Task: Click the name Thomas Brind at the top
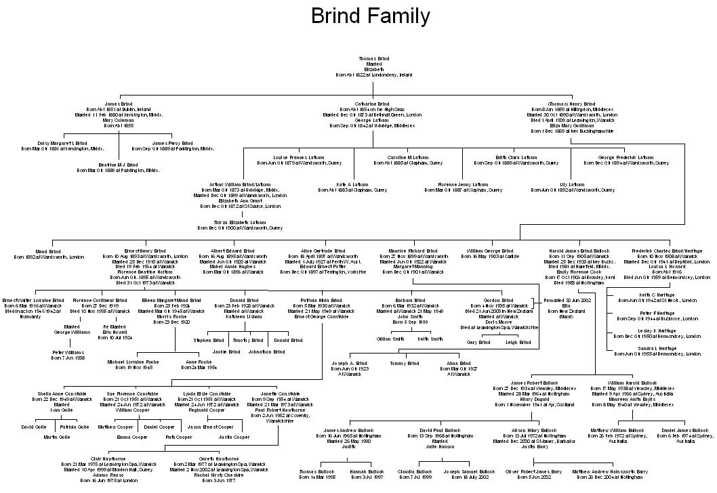[373, 59]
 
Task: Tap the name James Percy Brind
[172, 144]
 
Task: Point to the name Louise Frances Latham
[299, 158]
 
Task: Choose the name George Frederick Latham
[625, 158]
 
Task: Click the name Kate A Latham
[352, 184]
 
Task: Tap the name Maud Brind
[48, 251]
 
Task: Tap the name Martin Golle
[56, 437]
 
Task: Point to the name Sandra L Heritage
[636, 349]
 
